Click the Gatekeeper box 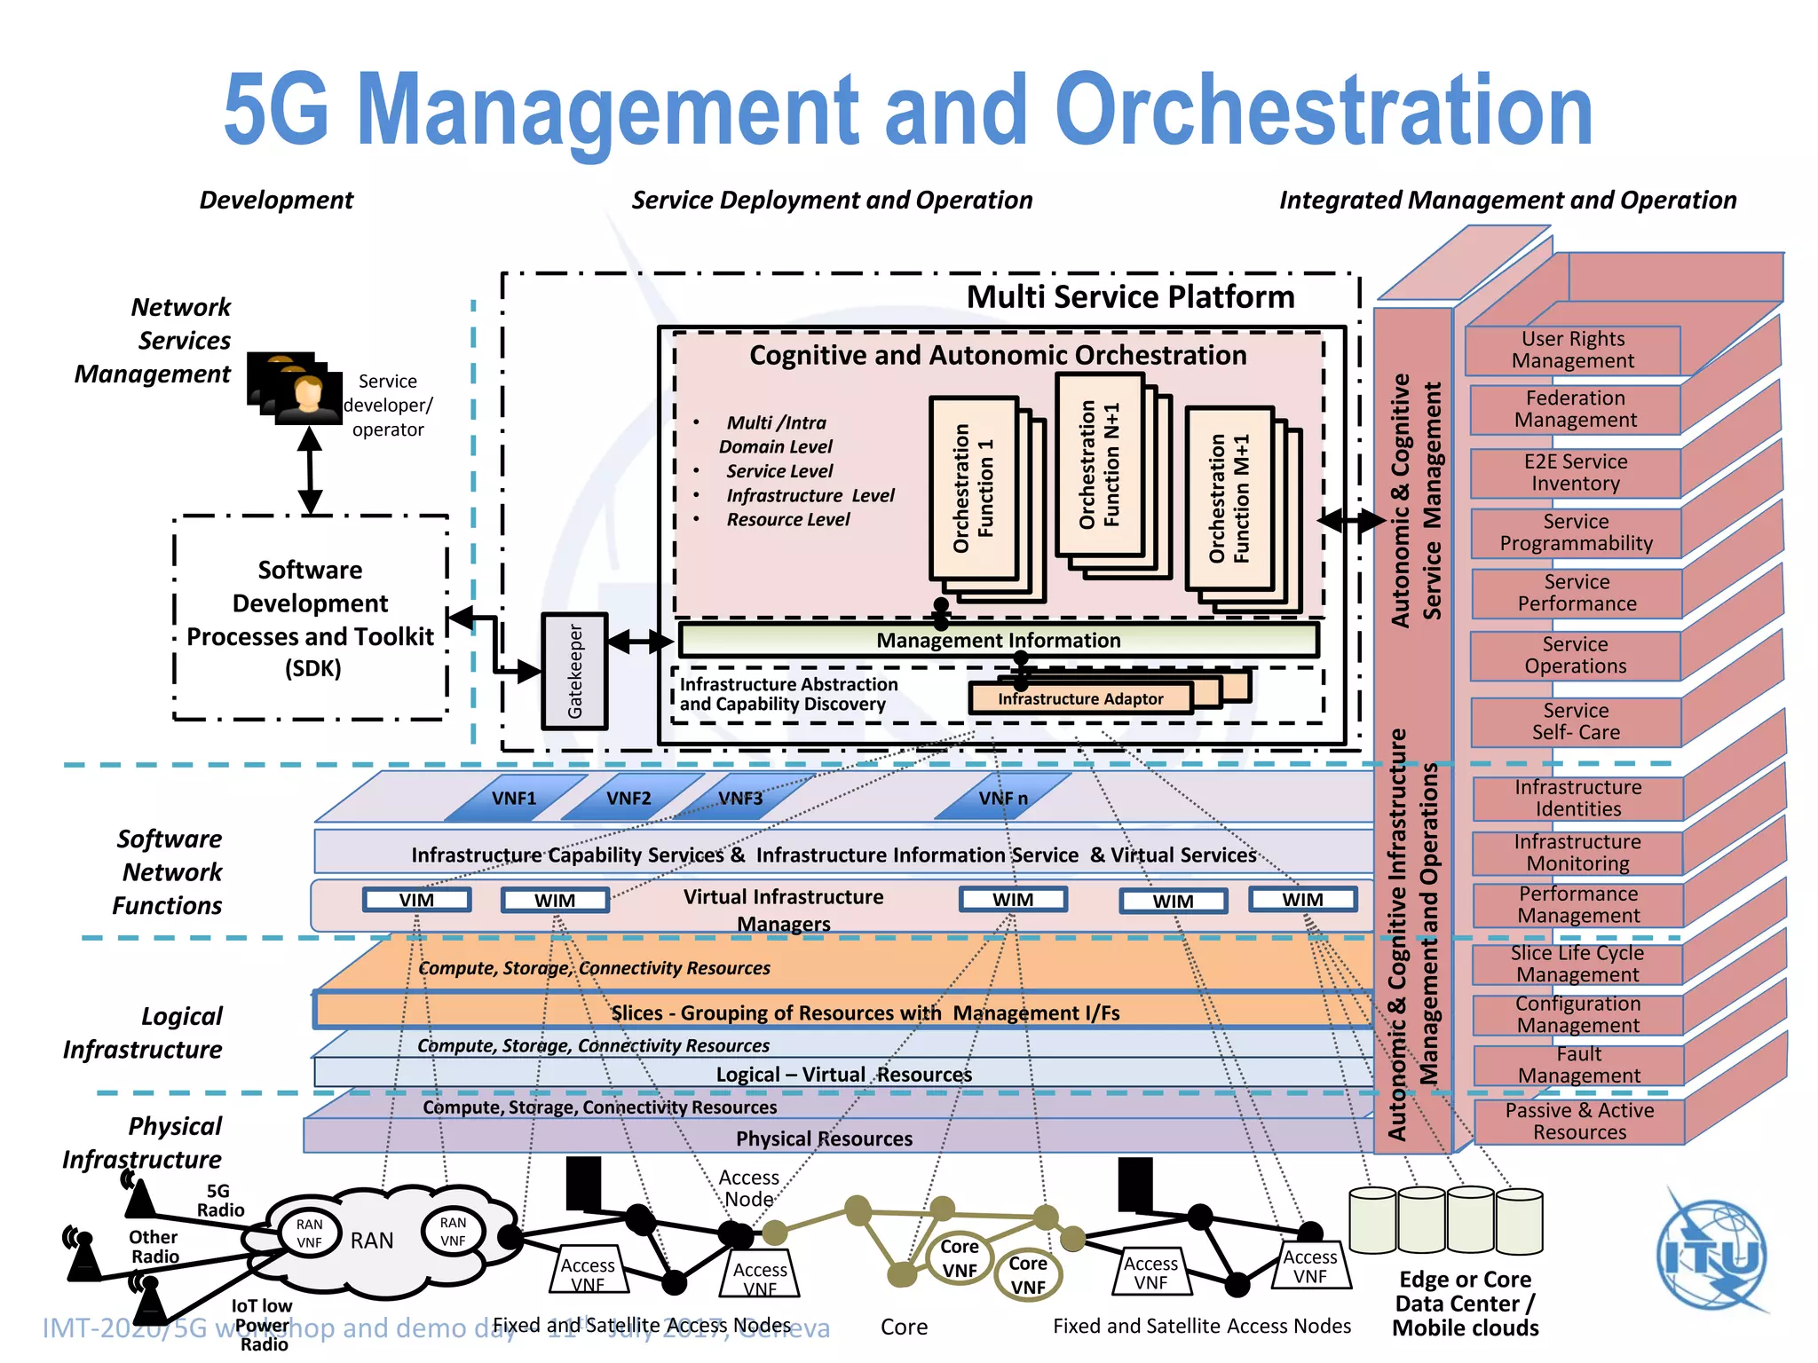pos(574,671)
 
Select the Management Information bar pos(998,640)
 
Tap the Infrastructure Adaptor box pos(1079,698)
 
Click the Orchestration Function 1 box pos(973,488)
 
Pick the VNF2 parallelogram pos(628,798)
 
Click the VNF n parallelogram pos(1003,798)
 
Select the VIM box pos(416,900)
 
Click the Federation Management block pos(1575,409)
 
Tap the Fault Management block pos(1578,1065)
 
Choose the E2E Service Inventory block pos(1575,473)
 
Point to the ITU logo pos(1711,1254)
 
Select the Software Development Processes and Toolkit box pos(310,618)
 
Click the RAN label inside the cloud pos(371,1241)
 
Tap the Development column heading pos(276,200)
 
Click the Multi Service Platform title pos(1129,296)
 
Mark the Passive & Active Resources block pos(1578,1122)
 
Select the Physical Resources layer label pos(824,1138)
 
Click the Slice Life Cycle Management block pos(1577,964)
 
